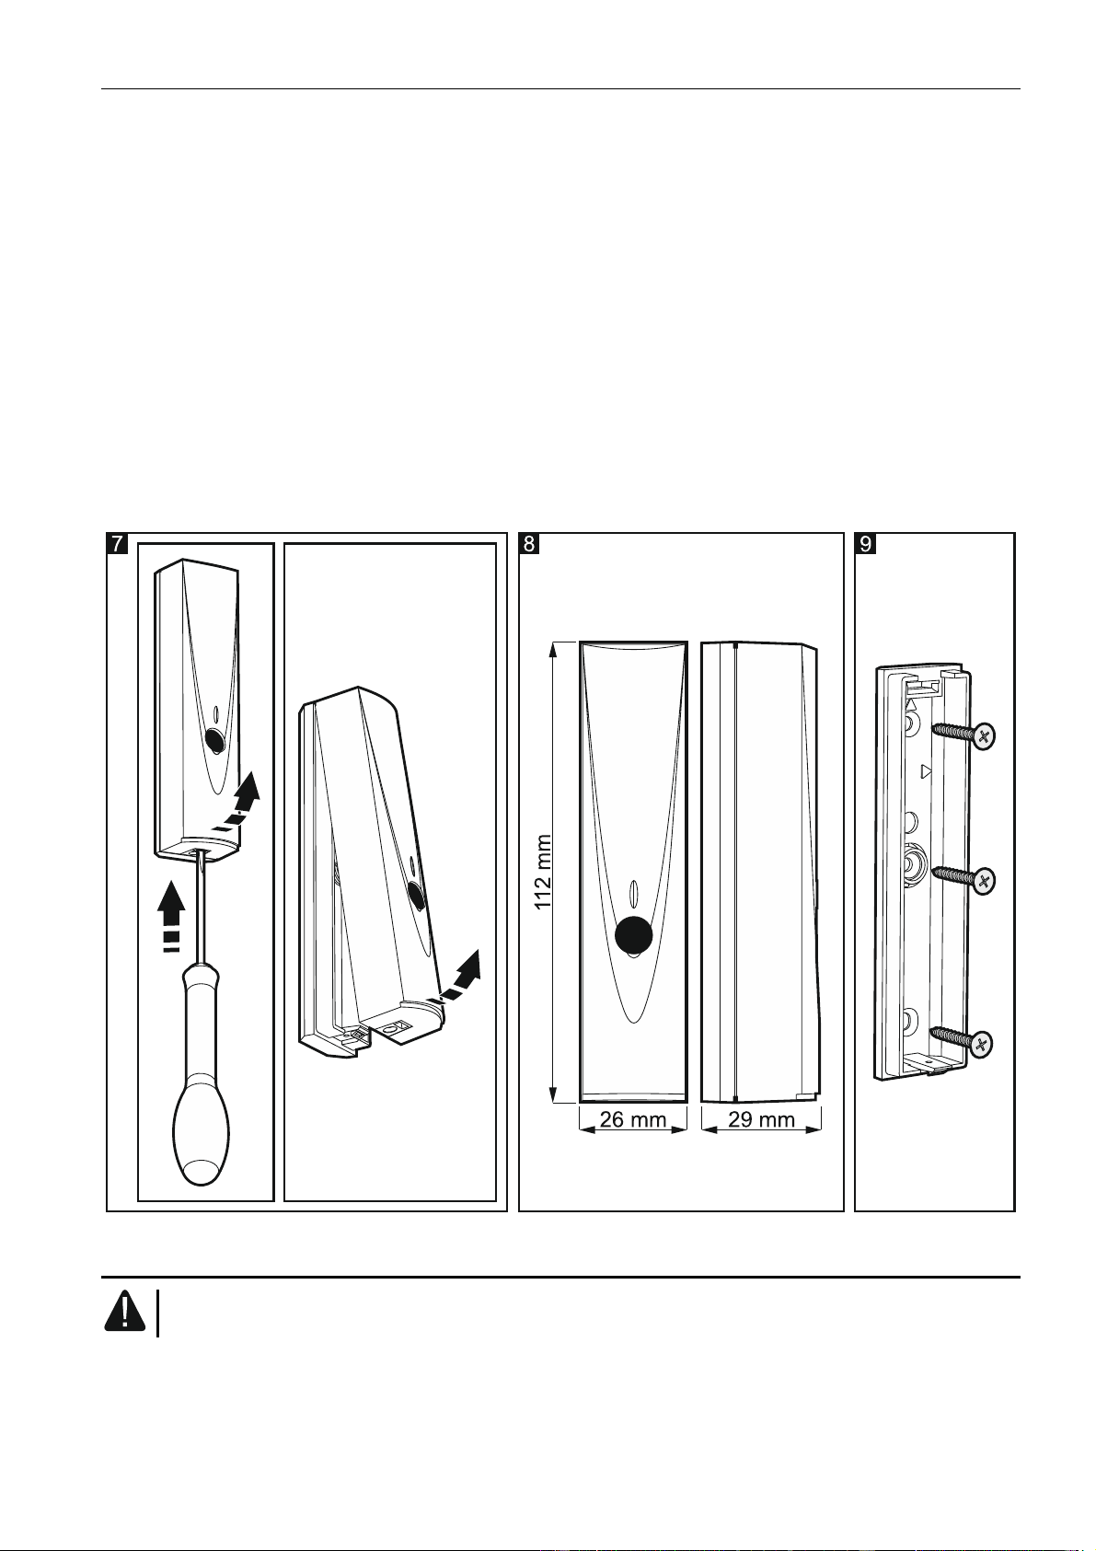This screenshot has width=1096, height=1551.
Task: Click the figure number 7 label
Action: click(x=118, y=544)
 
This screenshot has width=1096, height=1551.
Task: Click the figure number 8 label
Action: click(x=529, y=544)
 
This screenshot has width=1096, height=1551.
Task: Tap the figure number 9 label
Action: click(x=865, y=544)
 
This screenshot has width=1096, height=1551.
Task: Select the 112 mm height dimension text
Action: click(x=545, y=873)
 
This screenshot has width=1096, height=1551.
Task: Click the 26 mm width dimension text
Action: click(x=633, y=1119)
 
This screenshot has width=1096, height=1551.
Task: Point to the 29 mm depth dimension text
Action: click(x=761, y=1119)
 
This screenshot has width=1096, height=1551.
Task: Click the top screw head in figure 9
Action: click(x=984, y=735)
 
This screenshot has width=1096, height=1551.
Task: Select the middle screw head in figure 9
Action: click(x=985, y=880)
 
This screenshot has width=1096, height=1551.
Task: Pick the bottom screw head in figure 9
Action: click(x=983, y=1044)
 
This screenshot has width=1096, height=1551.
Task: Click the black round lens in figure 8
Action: click(x=633, y=936)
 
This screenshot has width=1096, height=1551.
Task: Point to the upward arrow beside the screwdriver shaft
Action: click(x=170, y=911)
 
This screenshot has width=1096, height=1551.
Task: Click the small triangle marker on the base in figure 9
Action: click(x=927, y=770)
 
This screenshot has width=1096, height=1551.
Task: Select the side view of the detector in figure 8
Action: click(x=759, y=872)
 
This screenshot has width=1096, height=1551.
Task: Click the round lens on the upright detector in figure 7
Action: click(x=215, y=740)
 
